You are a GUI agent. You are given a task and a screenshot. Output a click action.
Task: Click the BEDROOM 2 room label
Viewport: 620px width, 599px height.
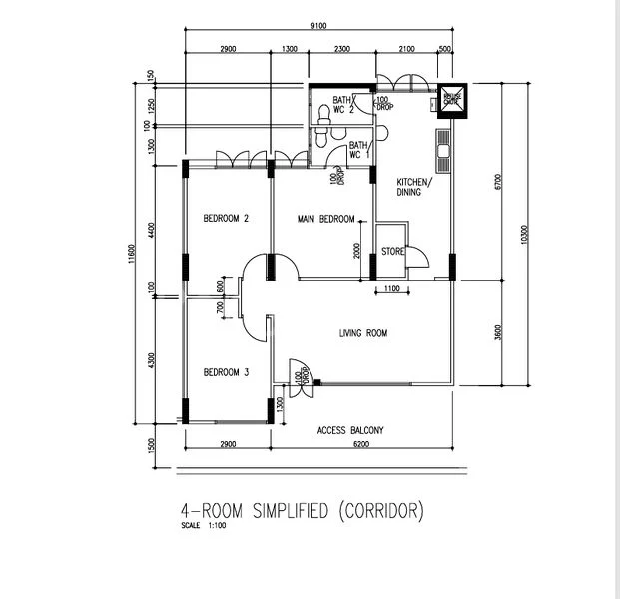click(x=225, y=218)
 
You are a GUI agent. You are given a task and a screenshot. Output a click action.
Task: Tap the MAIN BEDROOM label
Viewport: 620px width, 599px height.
click(x=325, y=218)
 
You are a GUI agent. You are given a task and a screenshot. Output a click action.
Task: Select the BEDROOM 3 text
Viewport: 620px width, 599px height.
click(x=225, y=372)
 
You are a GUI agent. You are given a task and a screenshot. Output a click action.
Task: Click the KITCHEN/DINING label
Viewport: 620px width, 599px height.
click(x=412, y=187)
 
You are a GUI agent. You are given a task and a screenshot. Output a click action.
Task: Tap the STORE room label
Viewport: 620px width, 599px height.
click(x=392, y=252)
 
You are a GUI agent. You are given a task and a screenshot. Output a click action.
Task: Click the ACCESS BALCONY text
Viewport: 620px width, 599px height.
click(x=350, y=431)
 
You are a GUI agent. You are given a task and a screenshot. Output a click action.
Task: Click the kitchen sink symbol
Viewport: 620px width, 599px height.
click(x=442, y=149)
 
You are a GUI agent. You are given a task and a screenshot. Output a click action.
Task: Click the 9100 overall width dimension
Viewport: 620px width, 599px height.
click(x=317, y=27)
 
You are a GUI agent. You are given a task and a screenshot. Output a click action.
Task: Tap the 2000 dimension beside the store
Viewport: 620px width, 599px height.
click(x=358, y=250)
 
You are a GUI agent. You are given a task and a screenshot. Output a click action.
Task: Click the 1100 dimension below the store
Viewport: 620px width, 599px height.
click(x=390, y=289)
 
